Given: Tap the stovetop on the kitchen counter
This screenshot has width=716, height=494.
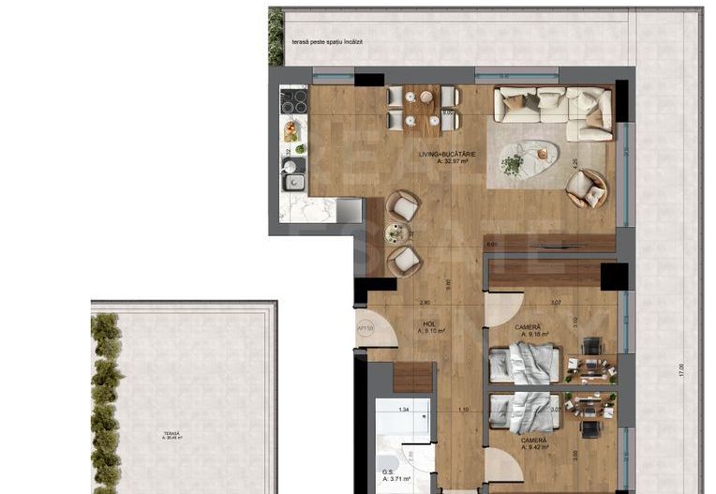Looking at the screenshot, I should (x=294, y=100).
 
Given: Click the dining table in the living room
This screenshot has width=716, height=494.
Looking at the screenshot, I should (x=423, y=108).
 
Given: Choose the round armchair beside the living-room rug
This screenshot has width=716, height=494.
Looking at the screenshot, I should (x=587, y=188).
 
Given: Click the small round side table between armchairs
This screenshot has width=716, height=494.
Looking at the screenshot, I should (x=398, y=233).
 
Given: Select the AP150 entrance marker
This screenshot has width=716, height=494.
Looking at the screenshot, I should (x=365, y=329).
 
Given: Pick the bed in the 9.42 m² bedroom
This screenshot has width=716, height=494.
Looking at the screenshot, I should (x=524, y=410).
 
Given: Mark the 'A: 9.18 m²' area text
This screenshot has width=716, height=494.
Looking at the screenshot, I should (x=531, y=333).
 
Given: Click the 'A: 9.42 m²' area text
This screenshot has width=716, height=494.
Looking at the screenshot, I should (x=531, y=447).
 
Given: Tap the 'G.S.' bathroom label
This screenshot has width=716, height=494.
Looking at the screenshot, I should (x=387, y=472).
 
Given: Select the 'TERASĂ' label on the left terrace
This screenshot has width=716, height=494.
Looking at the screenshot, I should (x=171, y=432).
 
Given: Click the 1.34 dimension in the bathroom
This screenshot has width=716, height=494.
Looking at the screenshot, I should (x=404, y=410).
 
